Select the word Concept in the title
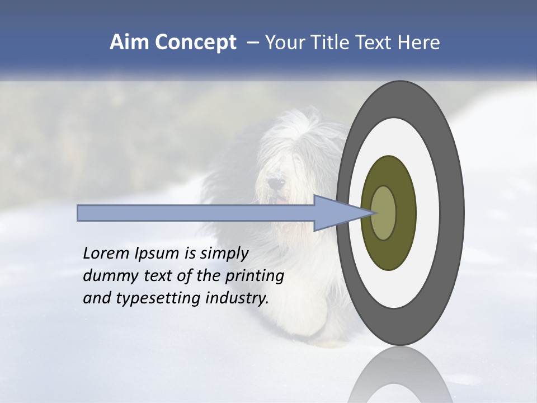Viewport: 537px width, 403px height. coord(196,43)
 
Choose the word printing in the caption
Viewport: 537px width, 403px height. coord(255,277)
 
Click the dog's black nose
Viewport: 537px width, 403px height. coord(274,182)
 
